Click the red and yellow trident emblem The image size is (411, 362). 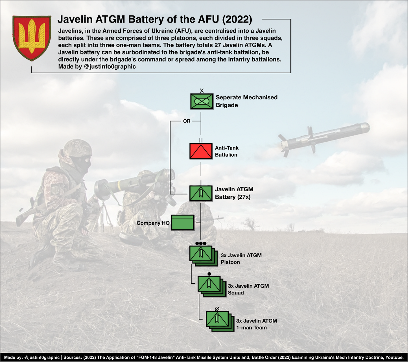click(32, 38)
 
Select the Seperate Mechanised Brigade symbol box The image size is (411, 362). click(202, 101)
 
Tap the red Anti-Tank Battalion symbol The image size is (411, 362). click(201, 151)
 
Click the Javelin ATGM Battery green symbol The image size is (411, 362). click(201, 193)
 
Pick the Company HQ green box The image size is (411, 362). click(183, 223)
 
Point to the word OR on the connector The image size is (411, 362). click(187, 121)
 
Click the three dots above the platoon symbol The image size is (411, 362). click(201, 243)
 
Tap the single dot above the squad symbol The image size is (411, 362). click(209, 274)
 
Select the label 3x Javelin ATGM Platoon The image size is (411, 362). click(241, 259)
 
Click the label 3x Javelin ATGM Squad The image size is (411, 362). click(248, 289)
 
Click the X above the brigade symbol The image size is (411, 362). click(202, 91)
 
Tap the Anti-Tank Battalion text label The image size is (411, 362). click(227, 151)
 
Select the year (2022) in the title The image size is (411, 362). click(237, 19)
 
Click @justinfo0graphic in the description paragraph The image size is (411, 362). click(110, 67)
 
